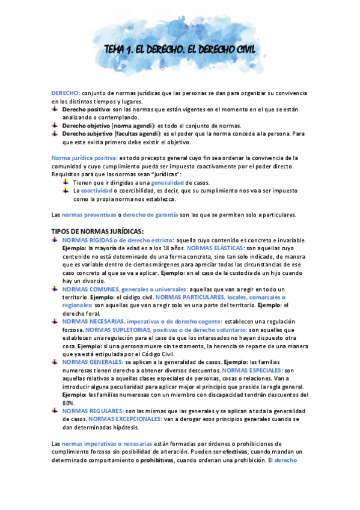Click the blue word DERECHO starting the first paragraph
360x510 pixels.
pos(64,94)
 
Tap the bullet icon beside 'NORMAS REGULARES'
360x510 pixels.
pos(55,411)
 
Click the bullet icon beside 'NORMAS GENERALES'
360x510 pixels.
pos(55,362)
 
